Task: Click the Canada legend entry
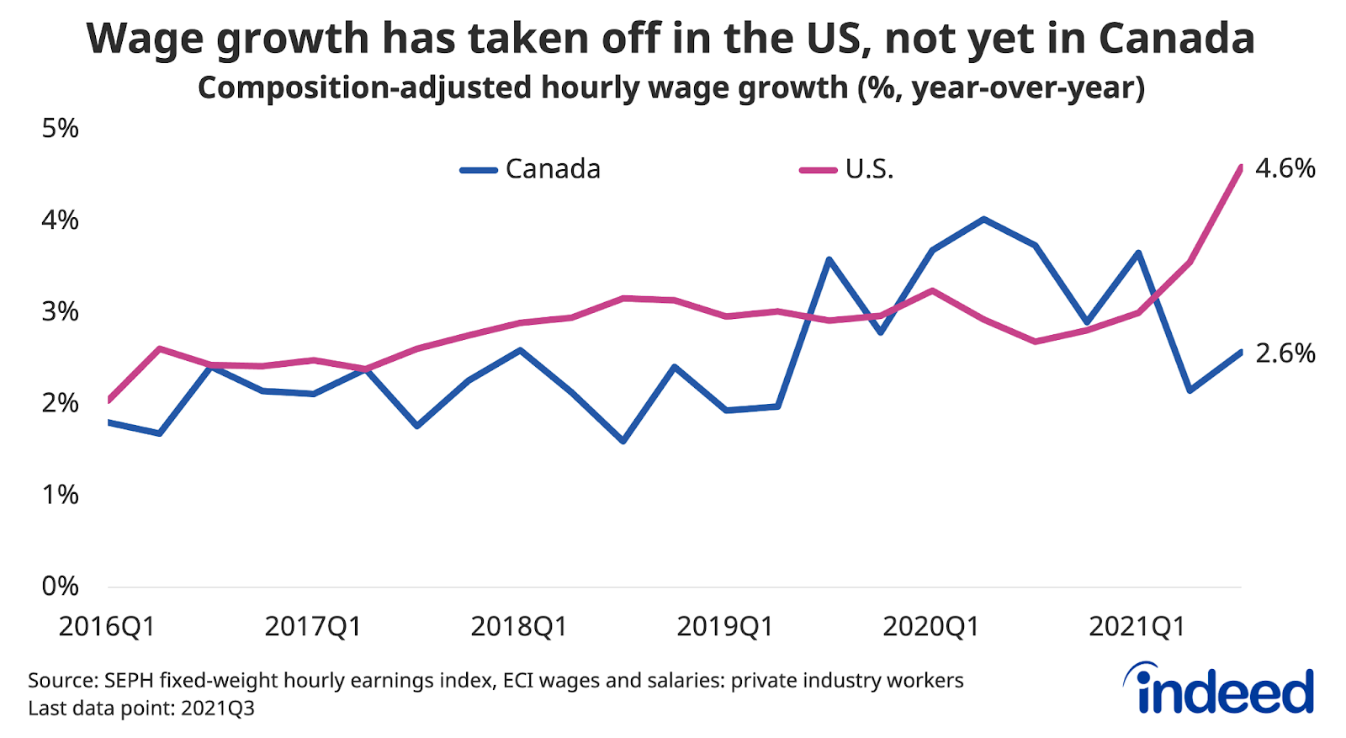click(x=552, y=169)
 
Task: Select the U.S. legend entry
click(x=868, y=169)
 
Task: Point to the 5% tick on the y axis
click(x=60, y=129)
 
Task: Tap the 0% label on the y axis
click(x=60, y=586)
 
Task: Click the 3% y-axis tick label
click(x=60, y=311)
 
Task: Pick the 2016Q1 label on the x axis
click(x=107, y=627)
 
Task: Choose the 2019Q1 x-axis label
click(x=725, y=627)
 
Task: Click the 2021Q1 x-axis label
click(x=1137, y=627)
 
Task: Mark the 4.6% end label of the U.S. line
click(x=1285, y=168)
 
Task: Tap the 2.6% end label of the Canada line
click(x=1285, y=353)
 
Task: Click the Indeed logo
click(x=1219, y=690)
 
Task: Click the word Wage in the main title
click(x=145, y=39)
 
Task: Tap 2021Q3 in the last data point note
click(x=217, y=708)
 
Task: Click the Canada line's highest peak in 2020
click(x=983, y=219)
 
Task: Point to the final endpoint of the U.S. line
click(x=1241, y=167)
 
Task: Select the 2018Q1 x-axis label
click(x=519, y=627)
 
